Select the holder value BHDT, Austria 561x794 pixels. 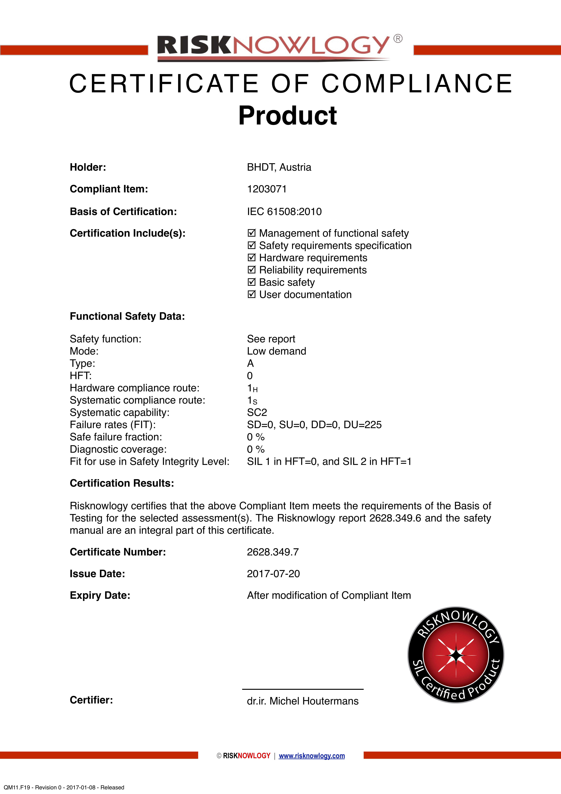[279, 167]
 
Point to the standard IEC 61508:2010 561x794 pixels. [284, 212]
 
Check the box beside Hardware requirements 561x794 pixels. [252, 258]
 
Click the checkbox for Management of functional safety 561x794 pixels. [252, 233]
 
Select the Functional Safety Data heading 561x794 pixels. [127, 316]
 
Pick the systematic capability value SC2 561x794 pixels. [257, 413]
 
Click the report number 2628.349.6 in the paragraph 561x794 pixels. [395, 518]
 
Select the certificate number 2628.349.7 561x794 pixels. [273, 552]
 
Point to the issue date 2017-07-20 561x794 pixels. [273, 574]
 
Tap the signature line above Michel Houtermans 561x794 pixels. [303, 689]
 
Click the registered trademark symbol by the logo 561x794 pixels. [398, 38]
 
